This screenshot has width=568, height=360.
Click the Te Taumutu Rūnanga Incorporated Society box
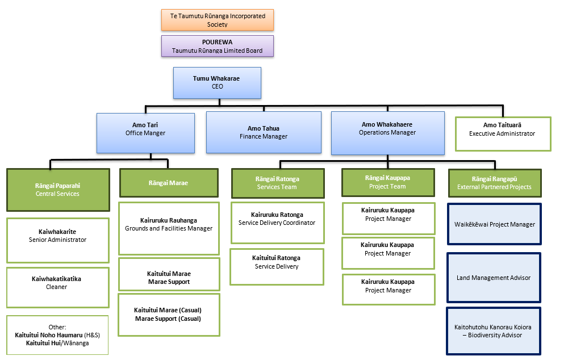pos(218,20)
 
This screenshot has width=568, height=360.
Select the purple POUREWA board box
pos(218,46)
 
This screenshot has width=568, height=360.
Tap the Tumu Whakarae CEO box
pos(217,83)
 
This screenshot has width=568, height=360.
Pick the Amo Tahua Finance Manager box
pos(264,132)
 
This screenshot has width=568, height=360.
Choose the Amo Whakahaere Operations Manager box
pos(387,132)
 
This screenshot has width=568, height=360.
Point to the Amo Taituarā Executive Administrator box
pos(503,133)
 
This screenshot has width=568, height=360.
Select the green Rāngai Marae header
pos(168,183)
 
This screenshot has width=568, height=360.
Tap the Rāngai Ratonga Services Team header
pos(277,183)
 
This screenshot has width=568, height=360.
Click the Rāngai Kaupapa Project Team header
pos(388,182)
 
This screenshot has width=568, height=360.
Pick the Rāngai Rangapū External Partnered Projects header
pos(494,183)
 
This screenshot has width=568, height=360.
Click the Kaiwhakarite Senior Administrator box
pos(57,240)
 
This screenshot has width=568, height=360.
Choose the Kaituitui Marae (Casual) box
pos(168,319)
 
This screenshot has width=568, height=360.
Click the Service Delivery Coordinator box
pos(277,223)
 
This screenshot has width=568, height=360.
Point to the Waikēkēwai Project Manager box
pos(495,224)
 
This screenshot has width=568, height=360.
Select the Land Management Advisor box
pos(494,278)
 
